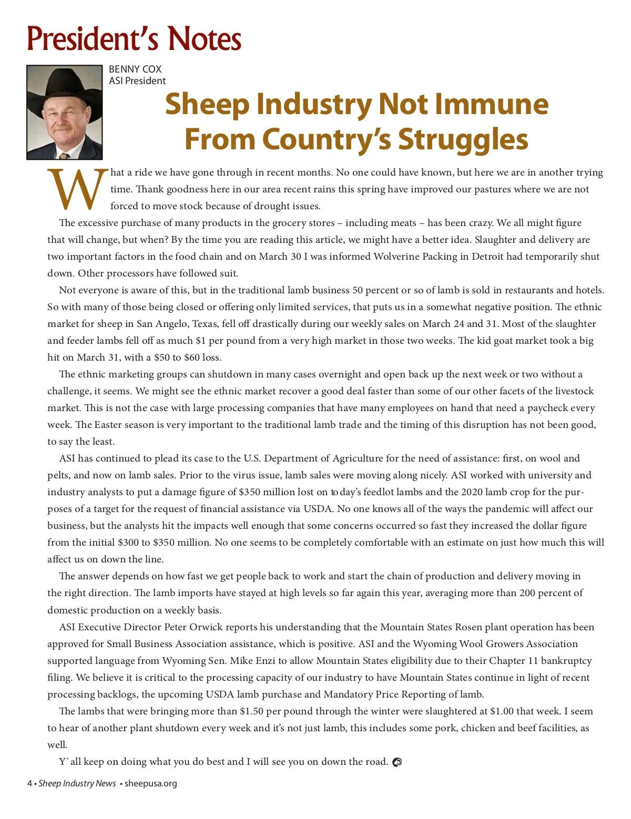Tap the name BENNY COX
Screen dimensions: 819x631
tap(135, 69)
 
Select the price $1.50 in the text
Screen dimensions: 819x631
tap(251, 711)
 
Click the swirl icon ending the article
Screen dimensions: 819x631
tap(397, 762)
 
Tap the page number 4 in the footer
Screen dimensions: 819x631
tap(29, 784)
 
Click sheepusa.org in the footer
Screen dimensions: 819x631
tap(150, 784)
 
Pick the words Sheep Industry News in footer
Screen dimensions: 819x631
tap(77, 784)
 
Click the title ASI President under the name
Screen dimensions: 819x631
tap(137, 81)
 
